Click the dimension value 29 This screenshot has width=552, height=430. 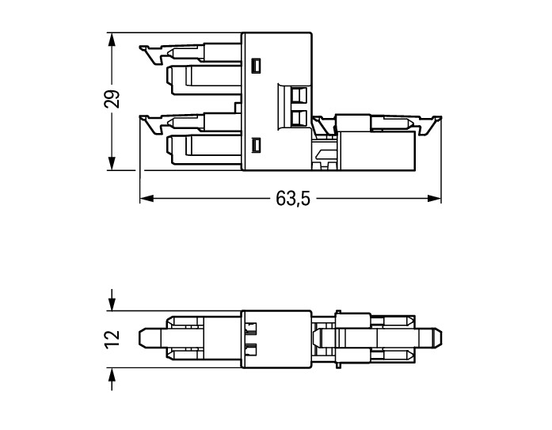tap(112, 99)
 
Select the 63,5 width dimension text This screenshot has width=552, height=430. tap(293, 199)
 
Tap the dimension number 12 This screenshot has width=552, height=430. tap(112, 340)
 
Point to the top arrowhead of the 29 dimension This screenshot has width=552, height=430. tap(112, 40)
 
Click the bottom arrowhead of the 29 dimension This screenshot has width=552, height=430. tap(112, 163)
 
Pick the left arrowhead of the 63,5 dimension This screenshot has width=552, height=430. tap(147, 199)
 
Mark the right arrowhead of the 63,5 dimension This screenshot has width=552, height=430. tap(434, 199)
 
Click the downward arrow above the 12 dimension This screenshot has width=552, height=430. tap(112, 300)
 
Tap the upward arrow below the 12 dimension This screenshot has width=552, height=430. tap(112, 379)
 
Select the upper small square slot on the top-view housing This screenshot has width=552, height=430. tap(257, 66)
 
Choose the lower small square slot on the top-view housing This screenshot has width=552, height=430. tap(257, 145)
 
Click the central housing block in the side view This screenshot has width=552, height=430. tap(276, 339)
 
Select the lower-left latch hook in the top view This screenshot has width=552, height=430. tap(151, 124)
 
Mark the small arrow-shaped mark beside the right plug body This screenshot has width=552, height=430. tap(325, 154)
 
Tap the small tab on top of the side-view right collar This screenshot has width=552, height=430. tap(338, 312)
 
